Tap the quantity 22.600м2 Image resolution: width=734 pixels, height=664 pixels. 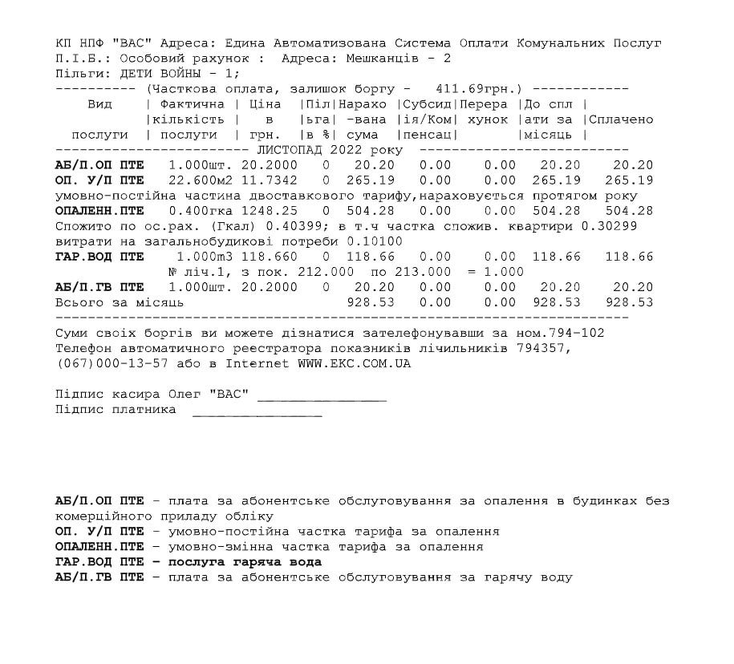[x=197, y=180]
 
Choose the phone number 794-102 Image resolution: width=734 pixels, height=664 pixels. [x=577, y=333]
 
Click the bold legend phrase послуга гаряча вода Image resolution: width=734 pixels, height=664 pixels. [x=245, y=562]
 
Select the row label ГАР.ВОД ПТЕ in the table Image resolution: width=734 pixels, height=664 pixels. [x=99, y=257]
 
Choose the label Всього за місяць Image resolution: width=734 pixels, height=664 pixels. [x=119, y=302]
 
